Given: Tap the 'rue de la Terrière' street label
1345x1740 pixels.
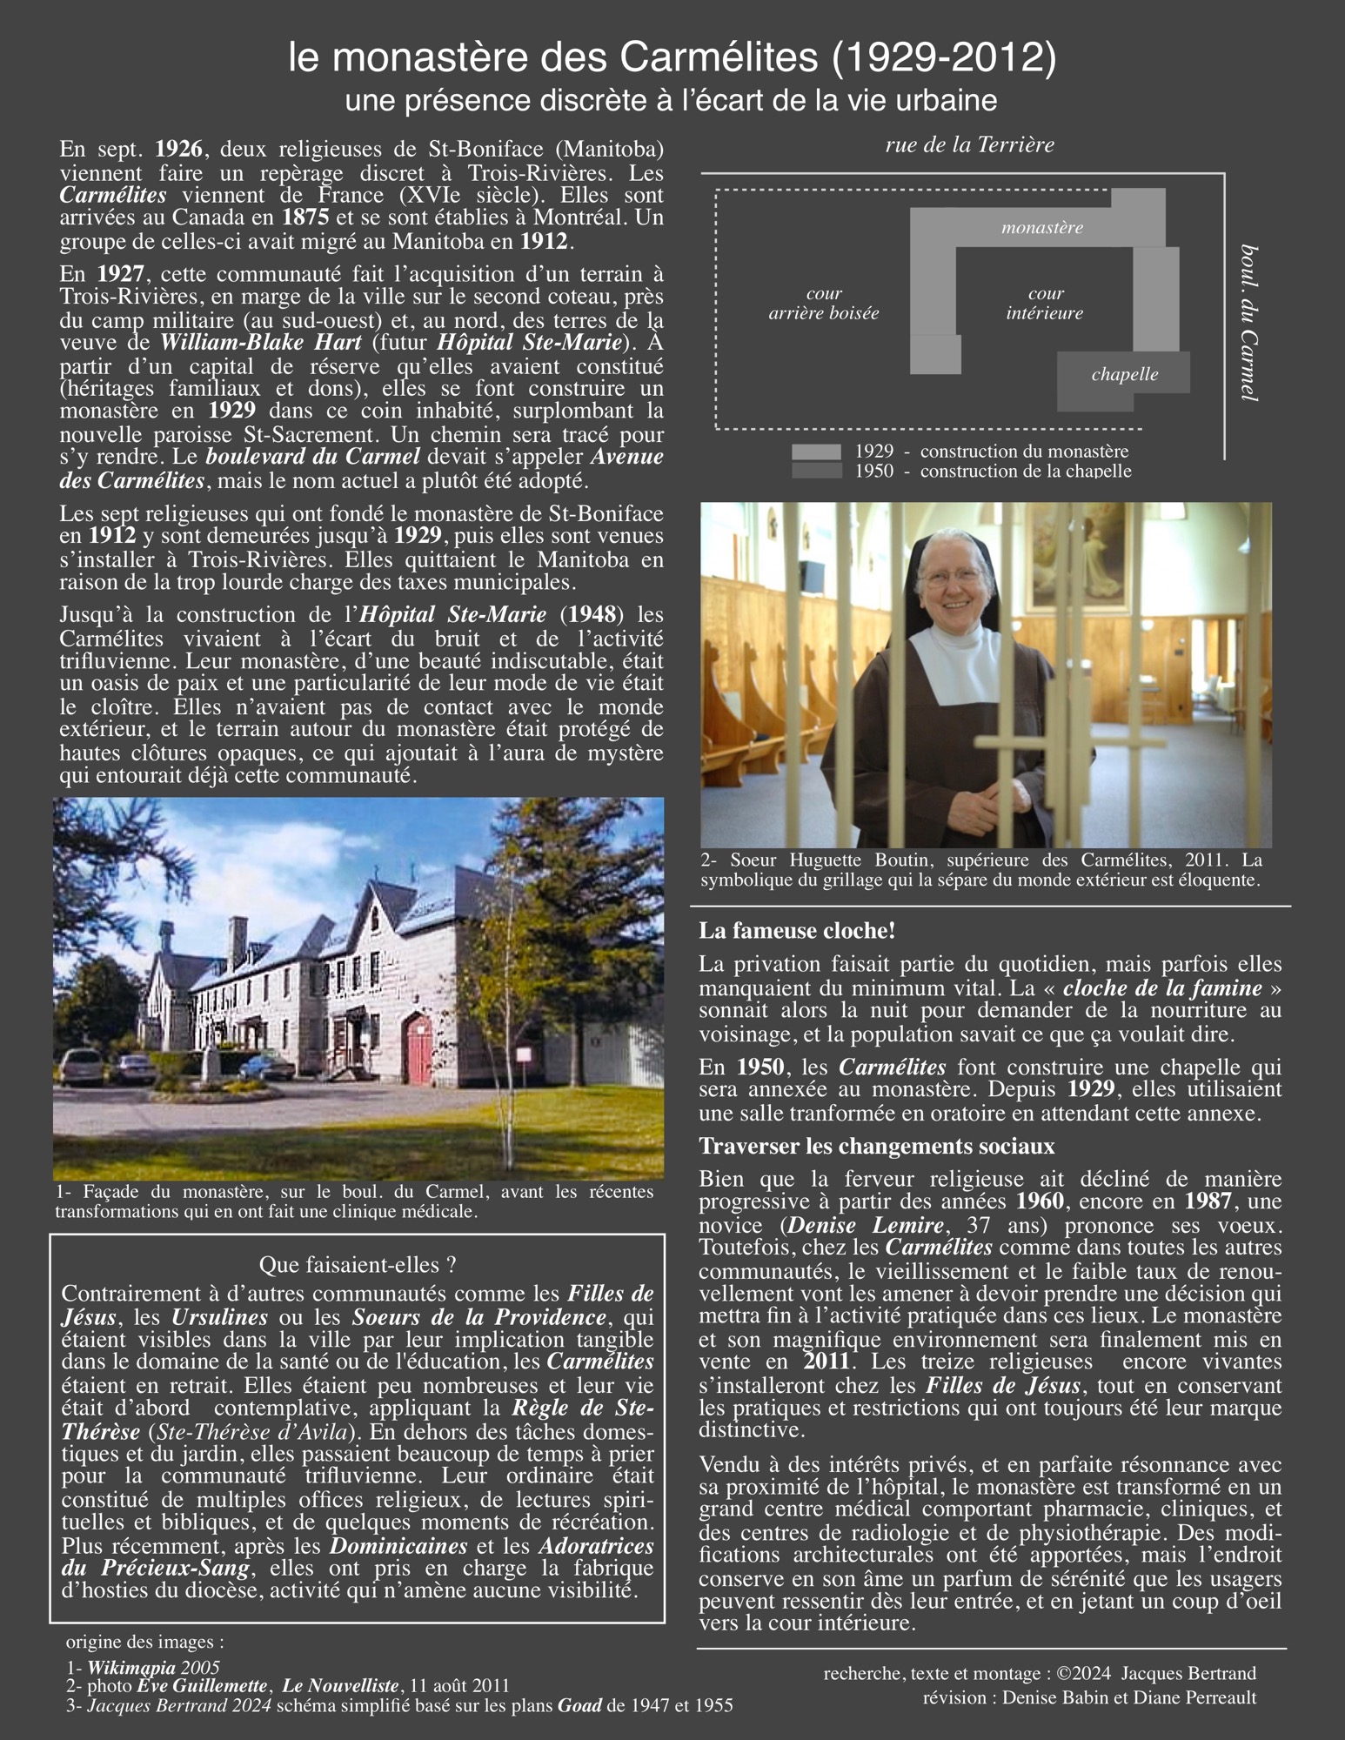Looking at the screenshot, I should [x=969, y=145].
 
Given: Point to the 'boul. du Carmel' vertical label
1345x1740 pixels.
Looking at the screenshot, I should [x=1249, y=322].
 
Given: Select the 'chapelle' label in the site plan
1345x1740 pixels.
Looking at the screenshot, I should [x=1124, y=375].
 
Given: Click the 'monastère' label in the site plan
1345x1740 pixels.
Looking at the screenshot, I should [x=1041, y=228].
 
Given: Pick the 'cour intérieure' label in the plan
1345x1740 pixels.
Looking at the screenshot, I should [x=1044, y=304].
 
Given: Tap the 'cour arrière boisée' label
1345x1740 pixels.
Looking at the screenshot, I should [x=823, y=304].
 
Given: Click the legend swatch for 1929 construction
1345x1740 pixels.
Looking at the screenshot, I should [x=816, y=452].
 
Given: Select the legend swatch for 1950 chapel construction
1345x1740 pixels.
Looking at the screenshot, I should [x=816, y=471].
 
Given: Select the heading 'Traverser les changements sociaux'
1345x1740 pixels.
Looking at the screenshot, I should [x=877, y=1147].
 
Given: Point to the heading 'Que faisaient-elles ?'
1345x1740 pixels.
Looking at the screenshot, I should [x=358, y=1265].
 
